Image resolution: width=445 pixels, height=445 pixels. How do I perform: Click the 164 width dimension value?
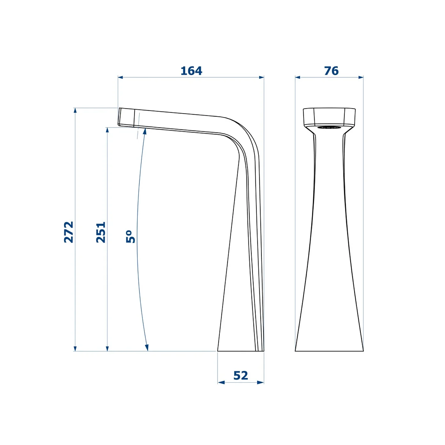(191, 71)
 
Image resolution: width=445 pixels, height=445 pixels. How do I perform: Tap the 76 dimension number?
(331, 71)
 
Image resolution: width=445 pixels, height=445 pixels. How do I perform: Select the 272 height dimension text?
(69, 232)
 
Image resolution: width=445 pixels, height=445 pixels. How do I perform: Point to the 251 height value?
(101, 232)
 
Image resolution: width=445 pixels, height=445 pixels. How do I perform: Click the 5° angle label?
(131, 236)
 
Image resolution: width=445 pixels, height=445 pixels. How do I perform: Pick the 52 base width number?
(241, 376)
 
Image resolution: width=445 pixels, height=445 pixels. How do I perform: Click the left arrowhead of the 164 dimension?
(120, 77)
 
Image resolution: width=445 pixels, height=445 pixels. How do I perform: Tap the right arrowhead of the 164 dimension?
(262, 77)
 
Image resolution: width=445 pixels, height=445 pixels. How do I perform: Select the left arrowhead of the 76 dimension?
(298, 77)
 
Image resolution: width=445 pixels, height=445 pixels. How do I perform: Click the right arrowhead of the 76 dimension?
(361, 77)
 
